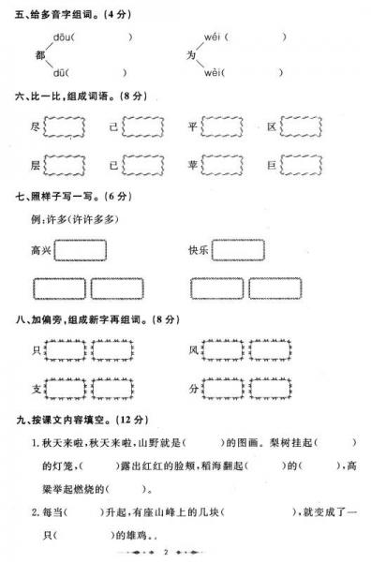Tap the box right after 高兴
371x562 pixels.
pos(81,251)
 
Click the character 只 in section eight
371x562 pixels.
pos(37,349)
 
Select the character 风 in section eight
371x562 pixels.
pos(194,349)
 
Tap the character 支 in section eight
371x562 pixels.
pos(37,387)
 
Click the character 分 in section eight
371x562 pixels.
pos(194,387)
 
